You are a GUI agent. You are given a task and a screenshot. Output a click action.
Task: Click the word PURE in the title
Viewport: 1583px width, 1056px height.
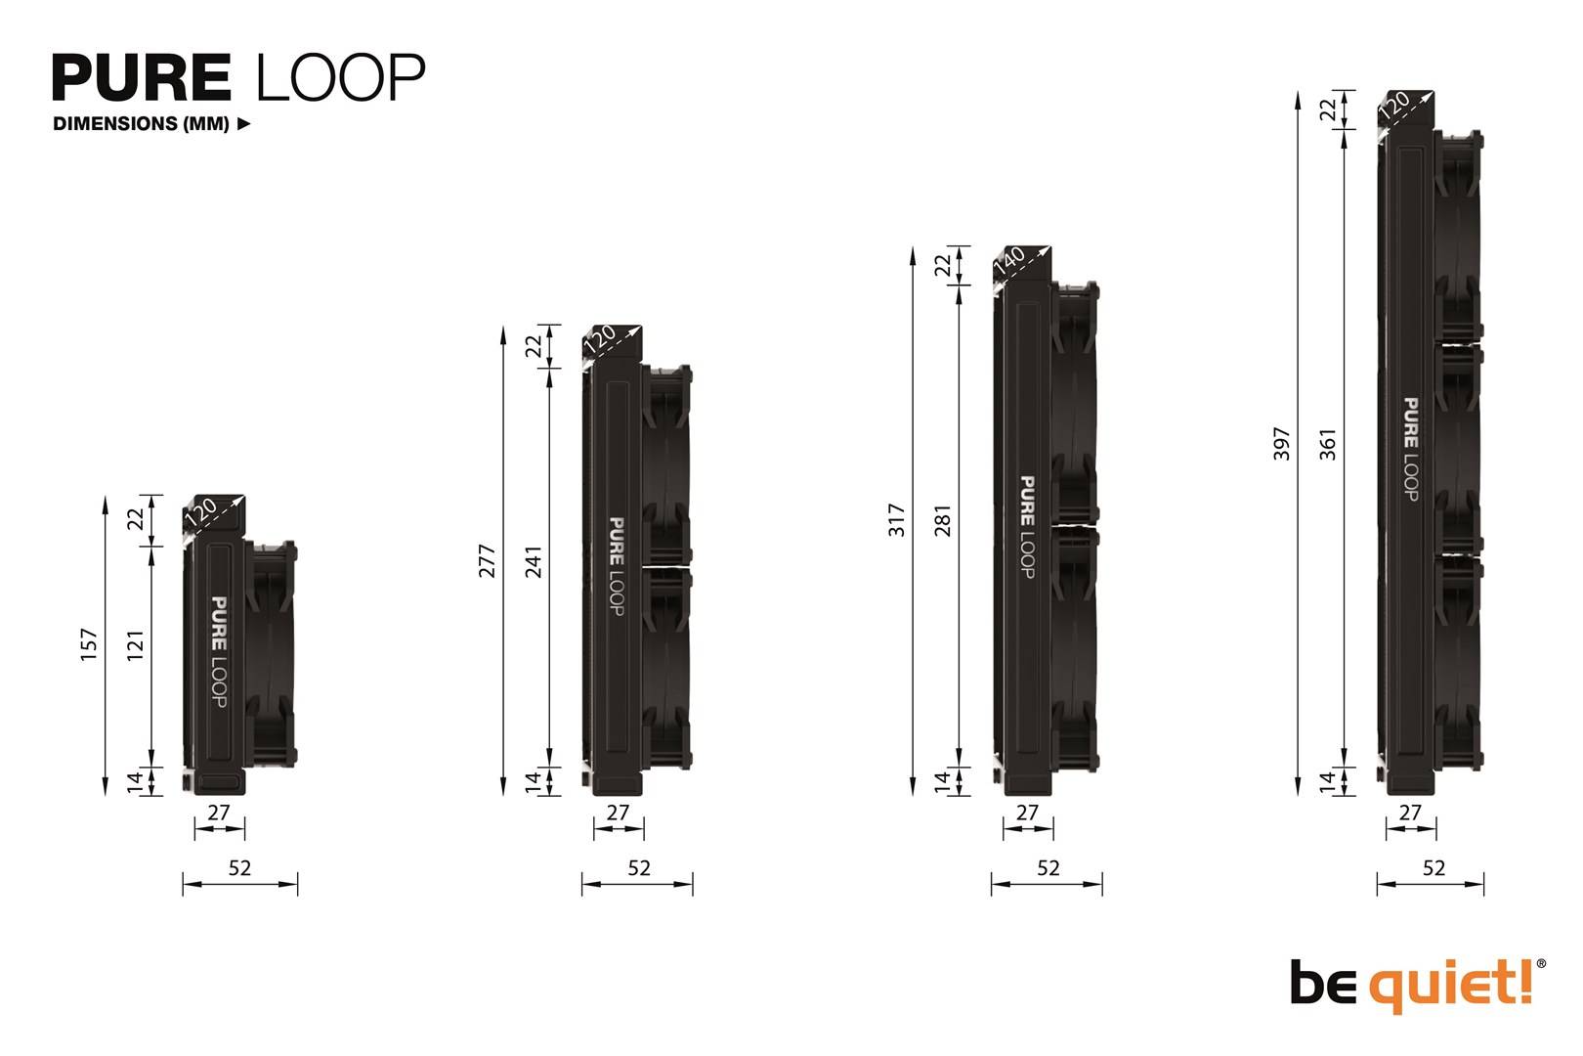tap(142, 77)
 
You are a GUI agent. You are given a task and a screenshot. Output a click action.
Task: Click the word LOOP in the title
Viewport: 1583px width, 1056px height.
tap(340, 77)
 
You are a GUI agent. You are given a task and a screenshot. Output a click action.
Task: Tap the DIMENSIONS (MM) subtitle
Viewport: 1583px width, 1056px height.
tap(142, 124)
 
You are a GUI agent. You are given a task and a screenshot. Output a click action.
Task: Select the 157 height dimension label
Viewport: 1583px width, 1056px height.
tap(89, 644)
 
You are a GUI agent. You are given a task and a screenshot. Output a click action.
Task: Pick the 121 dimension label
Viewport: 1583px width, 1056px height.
tap(136, 645)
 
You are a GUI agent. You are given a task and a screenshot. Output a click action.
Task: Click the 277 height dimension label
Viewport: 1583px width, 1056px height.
tap(488, 560)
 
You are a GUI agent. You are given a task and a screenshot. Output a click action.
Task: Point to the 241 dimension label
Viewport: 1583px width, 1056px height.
tap(534, 561)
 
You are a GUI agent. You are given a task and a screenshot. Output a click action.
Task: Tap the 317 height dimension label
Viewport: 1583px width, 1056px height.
tap(897, 520)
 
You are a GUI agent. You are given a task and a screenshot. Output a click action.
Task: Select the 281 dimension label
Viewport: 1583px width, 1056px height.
tap(943, 520)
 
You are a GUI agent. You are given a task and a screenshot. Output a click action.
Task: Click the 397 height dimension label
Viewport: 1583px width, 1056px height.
tap(1282, 443)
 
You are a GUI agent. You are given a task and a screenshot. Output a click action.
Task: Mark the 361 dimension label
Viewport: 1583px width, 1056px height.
tap(1328, 444)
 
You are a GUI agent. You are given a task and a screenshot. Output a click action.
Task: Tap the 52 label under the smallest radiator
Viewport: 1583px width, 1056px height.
tap(239, 868)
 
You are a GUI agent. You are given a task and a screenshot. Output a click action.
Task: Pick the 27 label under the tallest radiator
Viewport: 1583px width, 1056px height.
tap(1410, 813)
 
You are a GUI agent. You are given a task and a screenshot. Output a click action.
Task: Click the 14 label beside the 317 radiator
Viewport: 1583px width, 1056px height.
tap(943, 780)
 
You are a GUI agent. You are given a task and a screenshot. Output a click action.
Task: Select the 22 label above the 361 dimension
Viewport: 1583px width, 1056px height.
tap(1328, 110)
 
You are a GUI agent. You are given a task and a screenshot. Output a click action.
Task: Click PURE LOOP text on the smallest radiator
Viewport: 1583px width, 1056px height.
tap(219, 652)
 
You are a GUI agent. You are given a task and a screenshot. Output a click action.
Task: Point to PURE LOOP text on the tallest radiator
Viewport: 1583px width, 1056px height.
tap(1411, 449)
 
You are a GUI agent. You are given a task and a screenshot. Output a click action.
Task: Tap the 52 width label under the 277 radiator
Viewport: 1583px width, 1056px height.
tap(638, 868)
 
